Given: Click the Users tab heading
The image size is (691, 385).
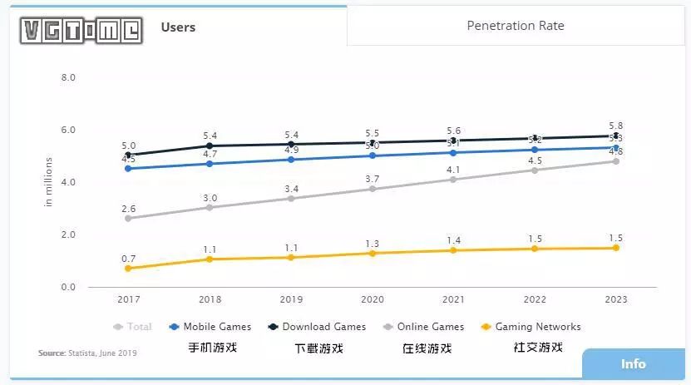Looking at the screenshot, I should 178,27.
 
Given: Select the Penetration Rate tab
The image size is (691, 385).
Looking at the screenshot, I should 516,26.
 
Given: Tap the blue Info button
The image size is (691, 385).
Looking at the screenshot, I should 634,363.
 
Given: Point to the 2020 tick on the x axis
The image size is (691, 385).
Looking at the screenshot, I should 372,299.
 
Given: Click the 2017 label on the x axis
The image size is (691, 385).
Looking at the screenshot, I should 127,299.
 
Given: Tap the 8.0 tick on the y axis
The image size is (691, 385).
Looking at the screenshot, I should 68,77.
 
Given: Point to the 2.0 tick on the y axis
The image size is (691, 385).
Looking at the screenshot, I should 68,235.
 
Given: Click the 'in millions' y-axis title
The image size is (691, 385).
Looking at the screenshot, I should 49,181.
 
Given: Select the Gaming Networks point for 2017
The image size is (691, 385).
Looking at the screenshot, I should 127,269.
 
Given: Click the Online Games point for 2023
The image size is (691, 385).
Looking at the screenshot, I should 616,161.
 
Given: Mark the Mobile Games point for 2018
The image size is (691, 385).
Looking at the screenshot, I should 210,164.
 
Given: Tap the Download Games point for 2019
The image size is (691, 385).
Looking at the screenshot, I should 291,144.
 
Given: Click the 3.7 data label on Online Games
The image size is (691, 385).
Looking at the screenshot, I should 372,179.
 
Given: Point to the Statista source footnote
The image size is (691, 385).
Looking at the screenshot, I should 87,353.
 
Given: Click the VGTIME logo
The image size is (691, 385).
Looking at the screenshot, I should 81,30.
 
